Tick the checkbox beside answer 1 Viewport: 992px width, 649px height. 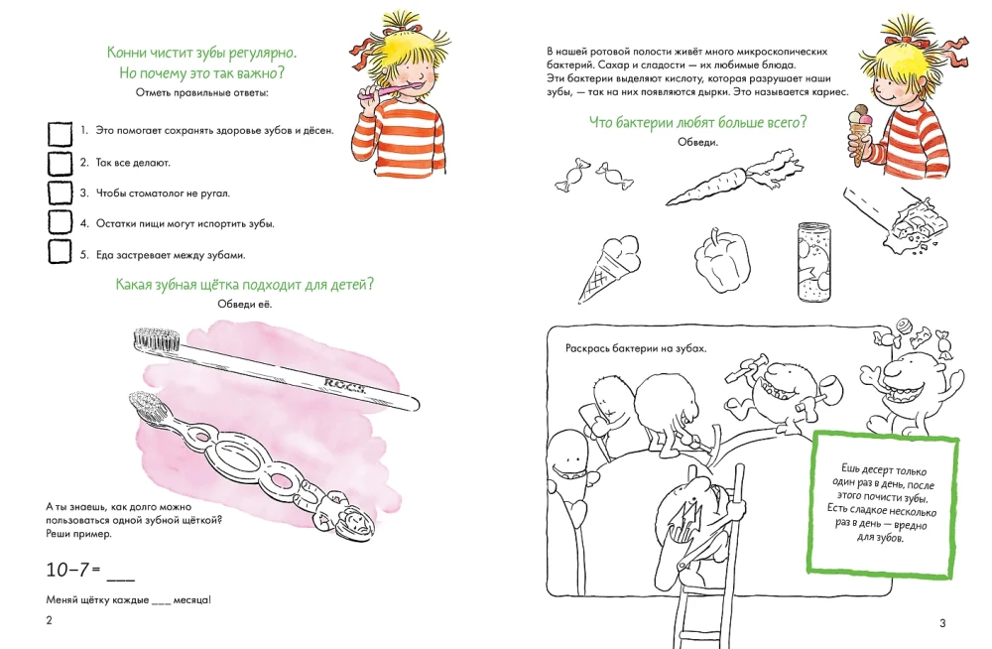pos(61,134)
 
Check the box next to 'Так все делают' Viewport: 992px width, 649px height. pos(61,164)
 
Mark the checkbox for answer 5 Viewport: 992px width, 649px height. pos(60,251)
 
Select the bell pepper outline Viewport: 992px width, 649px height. pos(722,262)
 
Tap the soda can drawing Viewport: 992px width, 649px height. pos(813,262)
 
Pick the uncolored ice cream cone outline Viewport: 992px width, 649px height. pos(607,267)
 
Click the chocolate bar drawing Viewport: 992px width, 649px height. pos(896,219)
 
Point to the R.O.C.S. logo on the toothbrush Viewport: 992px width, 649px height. pos(345,384)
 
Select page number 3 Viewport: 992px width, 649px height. pos(942,623)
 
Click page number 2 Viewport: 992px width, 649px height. pos(50,620)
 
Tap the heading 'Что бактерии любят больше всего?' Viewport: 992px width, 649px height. pos(697,122)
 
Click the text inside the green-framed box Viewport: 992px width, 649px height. pos(881,503)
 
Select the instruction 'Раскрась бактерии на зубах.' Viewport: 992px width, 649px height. pos(635,348)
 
